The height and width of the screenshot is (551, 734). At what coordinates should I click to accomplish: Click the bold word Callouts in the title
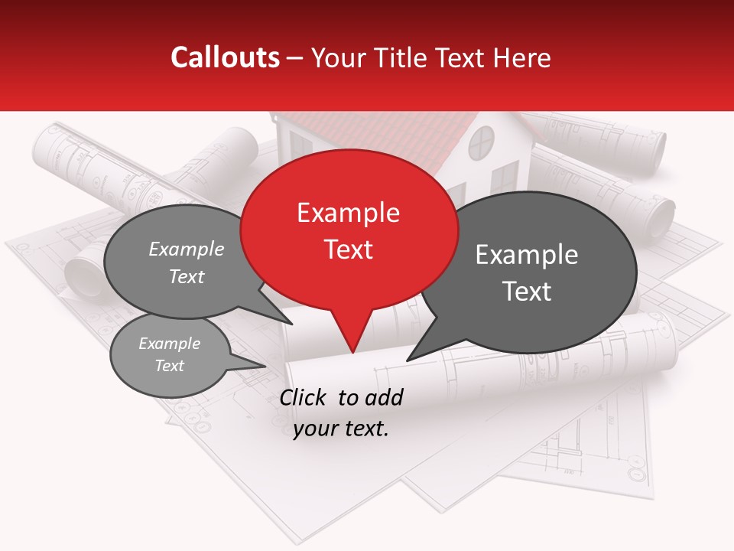click(225, 57)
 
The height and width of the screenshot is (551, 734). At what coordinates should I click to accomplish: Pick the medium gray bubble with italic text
click(183, 260)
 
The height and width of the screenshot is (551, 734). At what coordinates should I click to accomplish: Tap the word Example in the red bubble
click(348, 213)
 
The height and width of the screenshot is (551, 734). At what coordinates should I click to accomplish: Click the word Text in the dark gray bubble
click(527, 292)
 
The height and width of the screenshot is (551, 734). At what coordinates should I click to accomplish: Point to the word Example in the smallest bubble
click(169, 344)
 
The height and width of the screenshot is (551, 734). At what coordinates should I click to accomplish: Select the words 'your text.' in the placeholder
click(341, 429)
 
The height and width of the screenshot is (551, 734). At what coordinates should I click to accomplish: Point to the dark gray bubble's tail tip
click(407, 360)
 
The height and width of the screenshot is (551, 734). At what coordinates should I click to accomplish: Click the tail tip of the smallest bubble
click(265, 366)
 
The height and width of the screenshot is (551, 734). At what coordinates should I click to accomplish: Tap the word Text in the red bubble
click(349, 249)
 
